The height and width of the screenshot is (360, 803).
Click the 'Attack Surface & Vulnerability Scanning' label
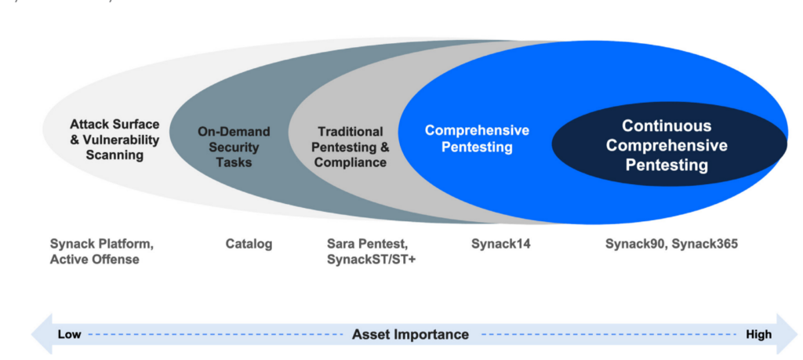[x=114, y=140]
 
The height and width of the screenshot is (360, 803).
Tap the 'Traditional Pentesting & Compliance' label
[x=351, y=147]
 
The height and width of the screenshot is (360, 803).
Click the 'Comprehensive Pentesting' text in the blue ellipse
[x=477, y=138]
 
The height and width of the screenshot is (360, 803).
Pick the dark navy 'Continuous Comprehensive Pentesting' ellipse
[x=667, y=146]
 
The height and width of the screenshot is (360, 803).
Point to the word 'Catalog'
[x=249, y=244]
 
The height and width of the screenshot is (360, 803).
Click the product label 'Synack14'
[x=500, y=244]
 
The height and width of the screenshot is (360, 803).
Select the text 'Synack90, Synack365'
[x=671, y=244]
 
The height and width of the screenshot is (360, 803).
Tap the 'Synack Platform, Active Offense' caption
[x=102, y=252]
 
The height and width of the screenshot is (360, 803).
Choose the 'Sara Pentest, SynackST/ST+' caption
[x=371, y=252]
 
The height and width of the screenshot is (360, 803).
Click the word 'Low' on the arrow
[x=70, y=335]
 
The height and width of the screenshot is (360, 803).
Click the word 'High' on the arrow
[x=758, y=335]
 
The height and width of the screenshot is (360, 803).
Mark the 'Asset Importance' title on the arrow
[x=410, y=335]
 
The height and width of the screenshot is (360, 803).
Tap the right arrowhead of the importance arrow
[x=787, y=335]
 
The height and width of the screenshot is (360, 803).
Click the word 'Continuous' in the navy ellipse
[x=667, y=126]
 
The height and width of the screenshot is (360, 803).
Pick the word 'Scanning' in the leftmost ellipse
[x=114, y=155]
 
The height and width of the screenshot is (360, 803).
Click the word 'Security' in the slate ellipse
[x=223, y=147]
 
